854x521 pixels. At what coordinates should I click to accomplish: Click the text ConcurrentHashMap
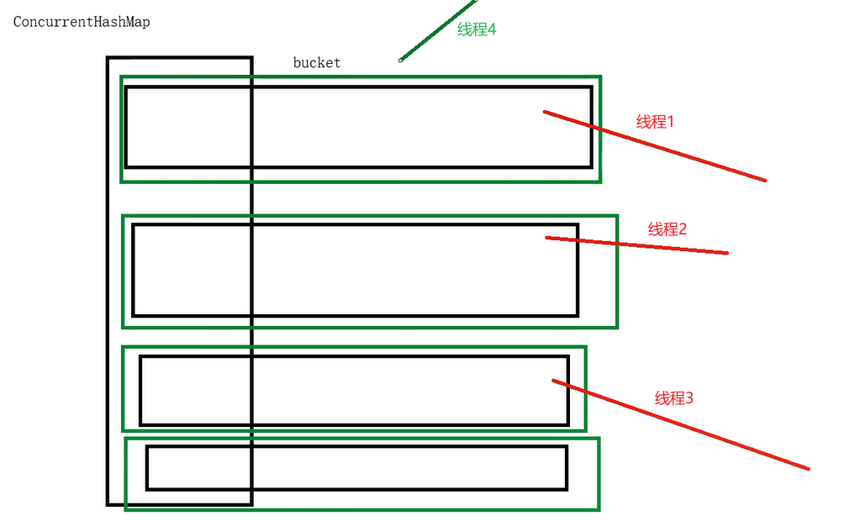(82, 23)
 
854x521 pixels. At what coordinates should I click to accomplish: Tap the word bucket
(317, 63)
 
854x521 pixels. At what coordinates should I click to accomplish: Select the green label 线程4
(477, 29)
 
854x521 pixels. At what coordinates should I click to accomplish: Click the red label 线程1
(656, 122)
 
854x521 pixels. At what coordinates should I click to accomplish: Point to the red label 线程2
(667, 229)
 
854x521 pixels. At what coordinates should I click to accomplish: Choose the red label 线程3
(674, 397)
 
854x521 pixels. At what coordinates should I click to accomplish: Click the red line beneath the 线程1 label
(656, 146)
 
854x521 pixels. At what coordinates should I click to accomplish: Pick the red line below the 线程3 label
(681, 424)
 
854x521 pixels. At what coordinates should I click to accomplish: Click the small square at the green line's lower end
(401, 60)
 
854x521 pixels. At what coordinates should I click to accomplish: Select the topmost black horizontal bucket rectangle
(358, 127)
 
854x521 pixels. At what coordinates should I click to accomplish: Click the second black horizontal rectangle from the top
(355, 270)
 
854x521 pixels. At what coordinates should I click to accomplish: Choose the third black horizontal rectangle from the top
(354, 391)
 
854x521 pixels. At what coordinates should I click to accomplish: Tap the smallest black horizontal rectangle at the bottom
(356, 467)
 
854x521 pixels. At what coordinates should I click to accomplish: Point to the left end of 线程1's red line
(545, 111)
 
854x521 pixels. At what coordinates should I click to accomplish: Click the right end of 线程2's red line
(727, 252)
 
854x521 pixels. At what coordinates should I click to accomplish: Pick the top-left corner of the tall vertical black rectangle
(108, 58)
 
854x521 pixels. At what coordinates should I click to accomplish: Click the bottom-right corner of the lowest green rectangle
(598, 508)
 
